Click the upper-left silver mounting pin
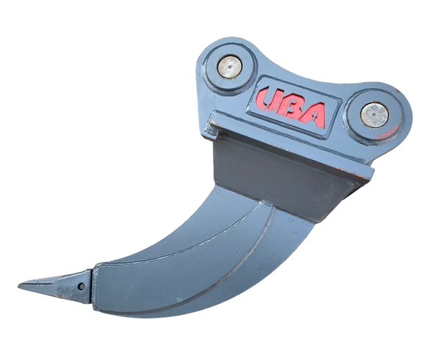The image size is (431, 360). [x=230, y=67]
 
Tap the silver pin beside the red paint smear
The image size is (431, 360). [x=374, y=115]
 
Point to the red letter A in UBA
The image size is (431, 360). [x=313, y=115]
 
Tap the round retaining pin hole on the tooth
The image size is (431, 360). [x=81, y=287]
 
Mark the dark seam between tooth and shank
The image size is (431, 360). [x=92, y=287]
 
